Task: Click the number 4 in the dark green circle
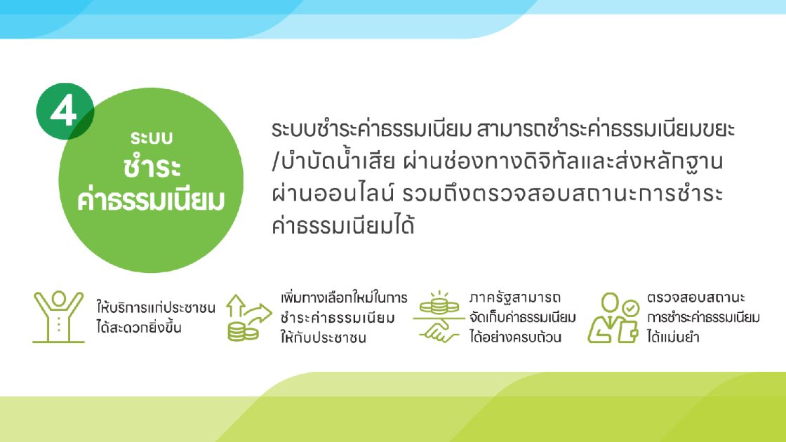click(64, 111)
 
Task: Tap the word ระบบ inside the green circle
click(152, 138)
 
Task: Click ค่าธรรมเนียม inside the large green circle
click(151, 199)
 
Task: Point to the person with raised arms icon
click(58, 316)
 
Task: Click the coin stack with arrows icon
click(248, 318)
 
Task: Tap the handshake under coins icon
click(439, 317)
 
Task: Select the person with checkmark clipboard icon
click(613, 318)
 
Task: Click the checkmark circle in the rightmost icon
click(630, 307)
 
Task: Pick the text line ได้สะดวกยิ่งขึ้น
click(139, 328)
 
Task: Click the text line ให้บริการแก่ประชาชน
click(156, 307)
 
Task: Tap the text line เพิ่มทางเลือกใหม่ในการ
click(344, 298)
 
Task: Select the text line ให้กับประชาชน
click(324, 337)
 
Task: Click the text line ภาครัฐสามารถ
click(515, 297)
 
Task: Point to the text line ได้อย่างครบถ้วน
click(515, 337)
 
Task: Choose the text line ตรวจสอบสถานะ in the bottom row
click(695, 297)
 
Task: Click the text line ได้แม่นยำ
click(673, 336)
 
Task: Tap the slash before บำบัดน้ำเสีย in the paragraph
click(275, 162)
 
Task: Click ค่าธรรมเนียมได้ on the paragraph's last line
click(343, 225)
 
